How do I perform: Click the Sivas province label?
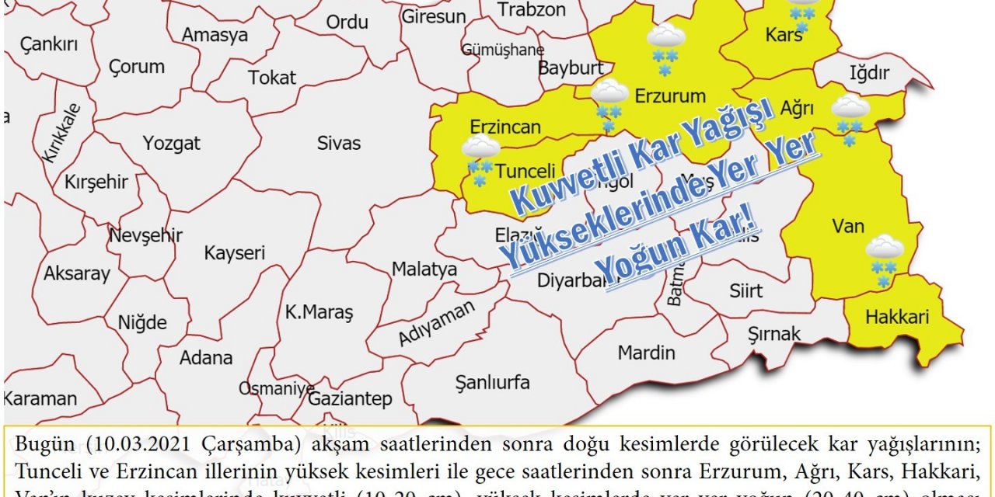[x=339, y=143]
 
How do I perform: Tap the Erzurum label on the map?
[x=670, y=96]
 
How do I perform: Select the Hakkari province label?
[x=896, y=317]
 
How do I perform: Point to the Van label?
[x=848, y=226]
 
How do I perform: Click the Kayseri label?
[x=235, y=253]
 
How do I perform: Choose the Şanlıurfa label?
[x=492, y=382]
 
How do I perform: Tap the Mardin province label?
[x=646, y=353]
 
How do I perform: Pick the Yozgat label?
[x=171, y=143]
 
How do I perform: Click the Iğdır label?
[x=868, y=73]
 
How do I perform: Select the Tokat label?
[x=272, y=78]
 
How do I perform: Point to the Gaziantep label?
[x=350, y=399]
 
